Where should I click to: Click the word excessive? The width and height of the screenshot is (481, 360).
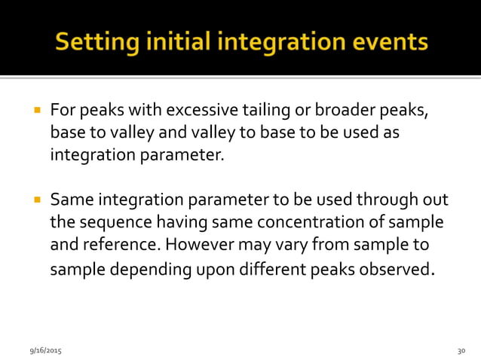tap(198, 111)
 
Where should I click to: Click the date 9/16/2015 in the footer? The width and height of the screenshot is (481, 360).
tap(46, 351)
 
